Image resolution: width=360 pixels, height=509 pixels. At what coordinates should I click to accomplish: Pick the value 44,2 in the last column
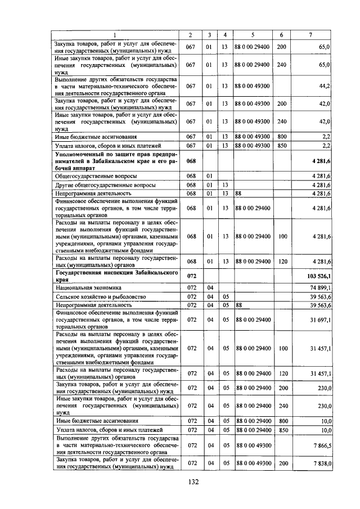pos(325,86)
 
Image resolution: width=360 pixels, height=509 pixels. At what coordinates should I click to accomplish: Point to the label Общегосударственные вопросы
pos(96,176)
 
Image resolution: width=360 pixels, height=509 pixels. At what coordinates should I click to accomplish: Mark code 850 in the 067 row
pos(282,146)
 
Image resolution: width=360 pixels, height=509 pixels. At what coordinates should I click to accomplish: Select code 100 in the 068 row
pos(282,236)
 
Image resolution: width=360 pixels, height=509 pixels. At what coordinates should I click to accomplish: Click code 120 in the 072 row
pos(282,373)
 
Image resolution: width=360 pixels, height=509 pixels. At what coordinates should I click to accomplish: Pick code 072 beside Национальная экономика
pos(190,287)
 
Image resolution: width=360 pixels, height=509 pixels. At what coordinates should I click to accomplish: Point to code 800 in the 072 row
pos(282,421)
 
